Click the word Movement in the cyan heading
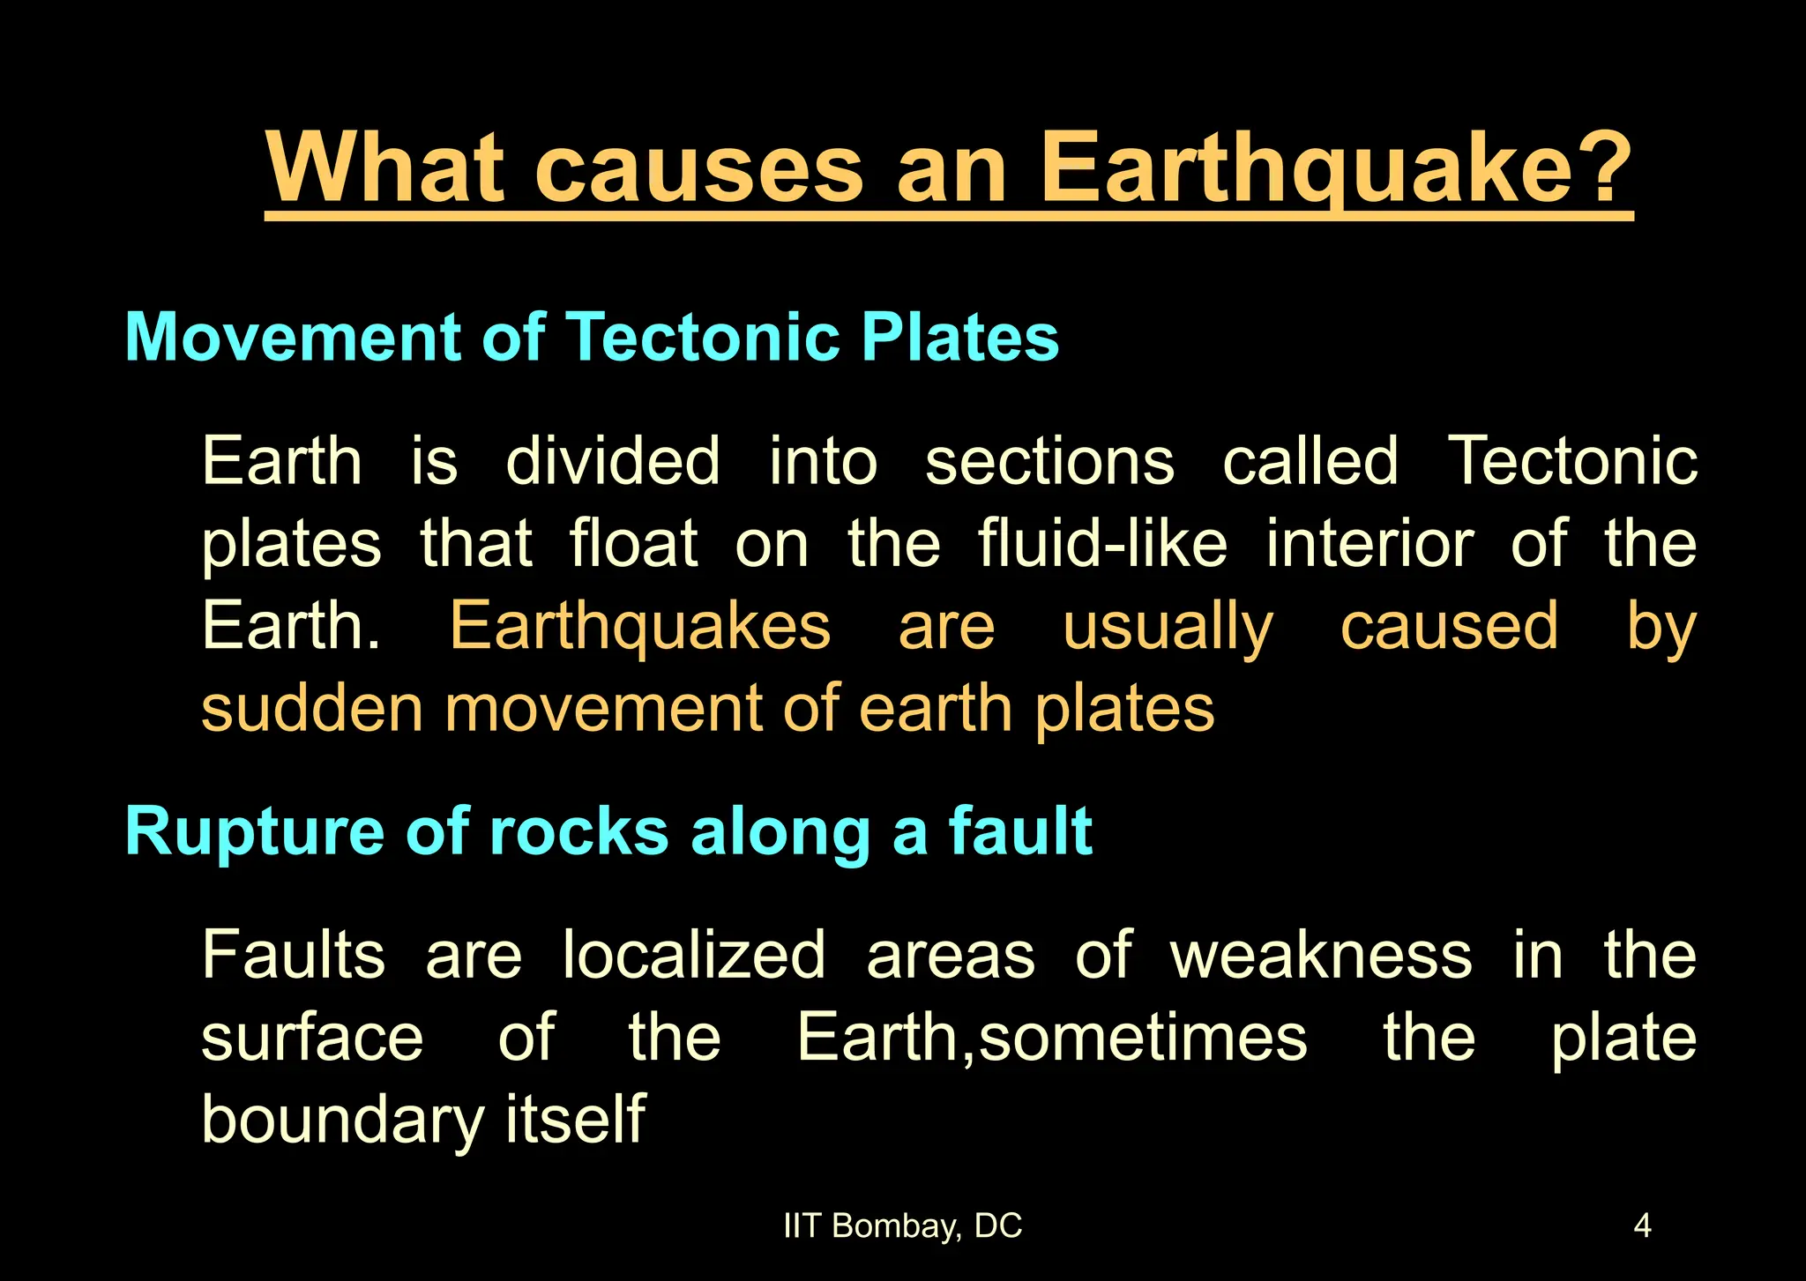[x=292, y=337]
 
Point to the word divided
[x=613, y=461]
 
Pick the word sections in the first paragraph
[x=1049, y=461]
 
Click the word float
[x=633, y=543]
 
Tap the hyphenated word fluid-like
[x=1102, y=543]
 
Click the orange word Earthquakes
[x=640, y=626]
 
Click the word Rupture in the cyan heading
[x=255, y=832]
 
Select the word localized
[x=694, y=955]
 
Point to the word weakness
[x=1321, y=955]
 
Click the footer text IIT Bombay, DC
[x=902, y=1226]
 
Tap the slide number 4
[x=1642, y=1226]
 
